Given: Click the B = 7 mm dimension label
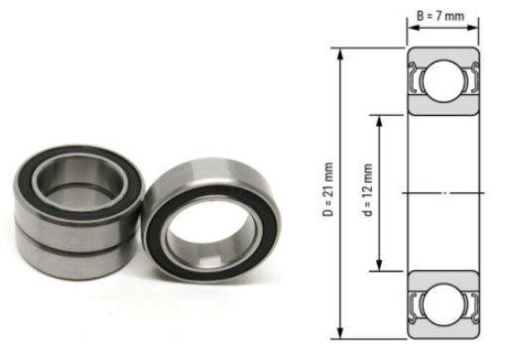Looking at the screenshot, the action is point(441,16).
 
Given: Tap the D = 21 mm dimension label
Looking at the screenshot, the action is point(328,189).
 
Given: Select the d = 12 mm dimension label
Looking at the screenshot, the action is point(367,189).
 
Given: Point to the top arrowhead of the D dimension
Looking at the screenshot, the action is point(340,55).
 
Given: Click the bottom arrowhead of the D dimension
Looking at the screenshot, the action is point(340,332).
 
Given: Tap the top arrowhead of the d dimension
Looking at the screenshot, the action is point(379,122).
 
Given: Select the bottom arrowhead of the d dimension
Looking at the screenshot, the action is point(379,265).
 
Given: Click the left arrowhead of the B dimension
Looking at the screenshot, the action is point(414,28).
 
